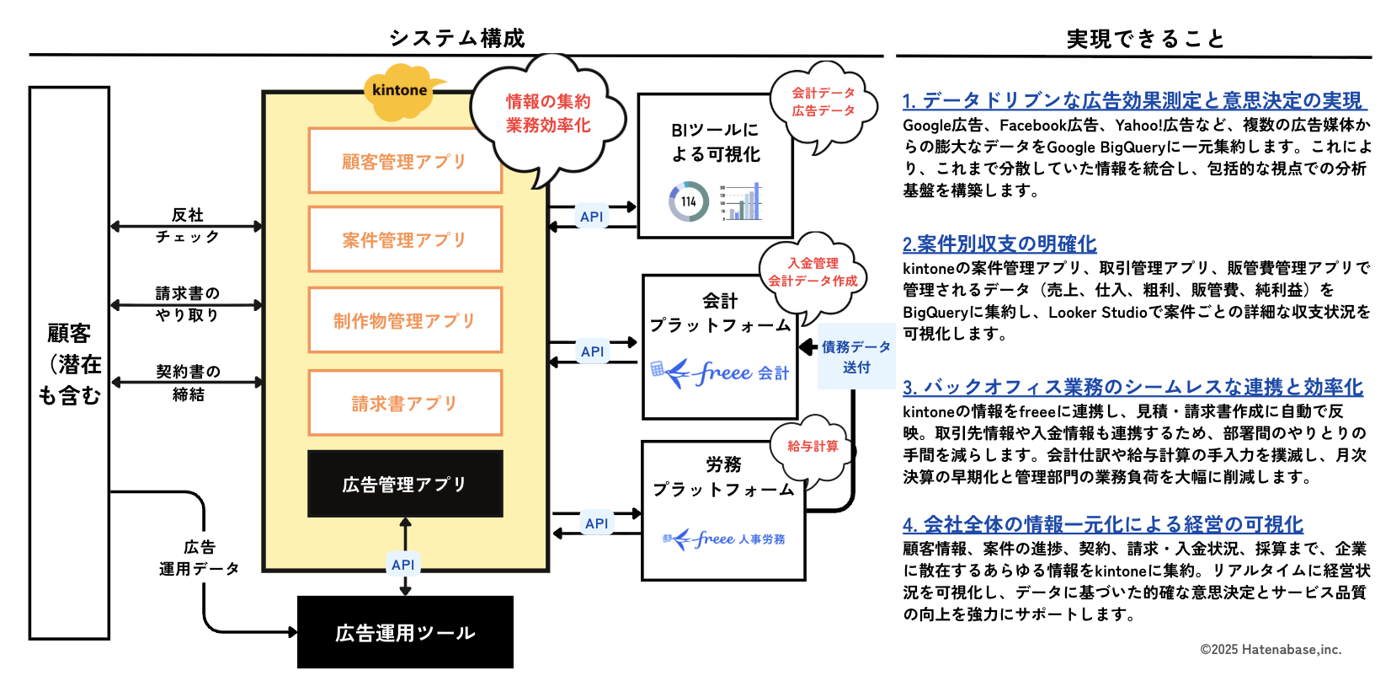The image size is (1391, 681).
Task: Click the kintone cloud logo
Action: click(401, 91)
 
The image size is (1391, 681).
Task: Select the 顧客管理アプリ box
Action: click(405, 161)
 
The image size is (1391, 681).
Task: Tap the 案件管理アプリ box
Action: click(405, 240)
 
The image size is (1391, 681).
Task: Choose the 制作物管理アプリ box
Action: click(405, 320)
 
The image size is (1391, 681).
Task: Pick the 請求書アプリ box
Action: click(405, 403)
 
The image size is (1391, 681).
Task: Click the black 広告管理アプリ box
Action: click(405, 484)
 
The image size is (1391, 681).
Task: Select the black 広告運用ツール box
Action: click(405, 632)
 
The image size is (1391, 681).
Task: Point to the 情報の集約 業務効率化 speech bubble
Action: click(548, 114)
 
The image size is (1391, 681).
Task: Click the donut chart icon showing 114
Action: click(689, 202)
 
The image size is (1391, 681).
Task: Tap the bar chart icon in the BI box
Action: click(743, 202)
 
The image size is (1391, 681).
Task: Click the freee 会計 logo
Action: click(720, 372)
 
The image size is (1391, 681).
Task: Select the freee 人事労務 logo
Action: click(723, 539)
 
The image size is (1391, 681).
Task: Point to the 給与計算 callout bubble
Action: click(813, 446)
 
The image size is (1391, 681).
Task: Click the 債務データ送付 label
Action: click(856, 357)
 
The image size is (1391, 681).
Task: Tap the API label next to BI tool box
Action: click(592, 217)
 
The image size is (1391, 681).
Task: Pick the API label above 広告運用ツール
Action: click(403, 565)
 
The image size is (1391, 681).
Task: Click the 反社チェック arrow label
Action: click(188, 226)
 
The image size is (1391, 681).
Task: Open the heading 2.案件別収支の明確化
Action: click(999, 244)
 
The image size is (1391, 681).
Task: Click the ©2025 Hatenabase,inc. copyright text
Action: click(1271, 649)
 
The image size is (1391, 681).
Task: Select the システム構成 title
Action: click(457, 38)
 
